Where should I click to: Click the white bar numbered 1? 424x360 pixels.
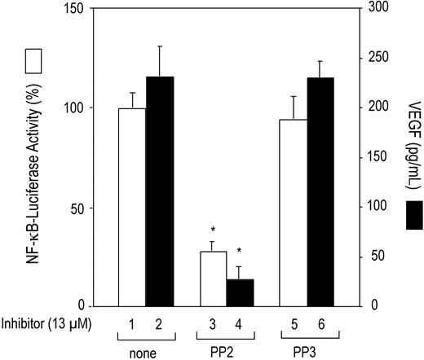(134, 207)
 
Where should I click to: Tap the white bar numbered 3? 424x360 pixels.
(213, 279)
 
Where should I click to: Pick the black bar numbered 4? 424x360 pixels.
(239, 292)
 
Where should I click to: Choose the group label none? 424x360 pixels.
(147, 353)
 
